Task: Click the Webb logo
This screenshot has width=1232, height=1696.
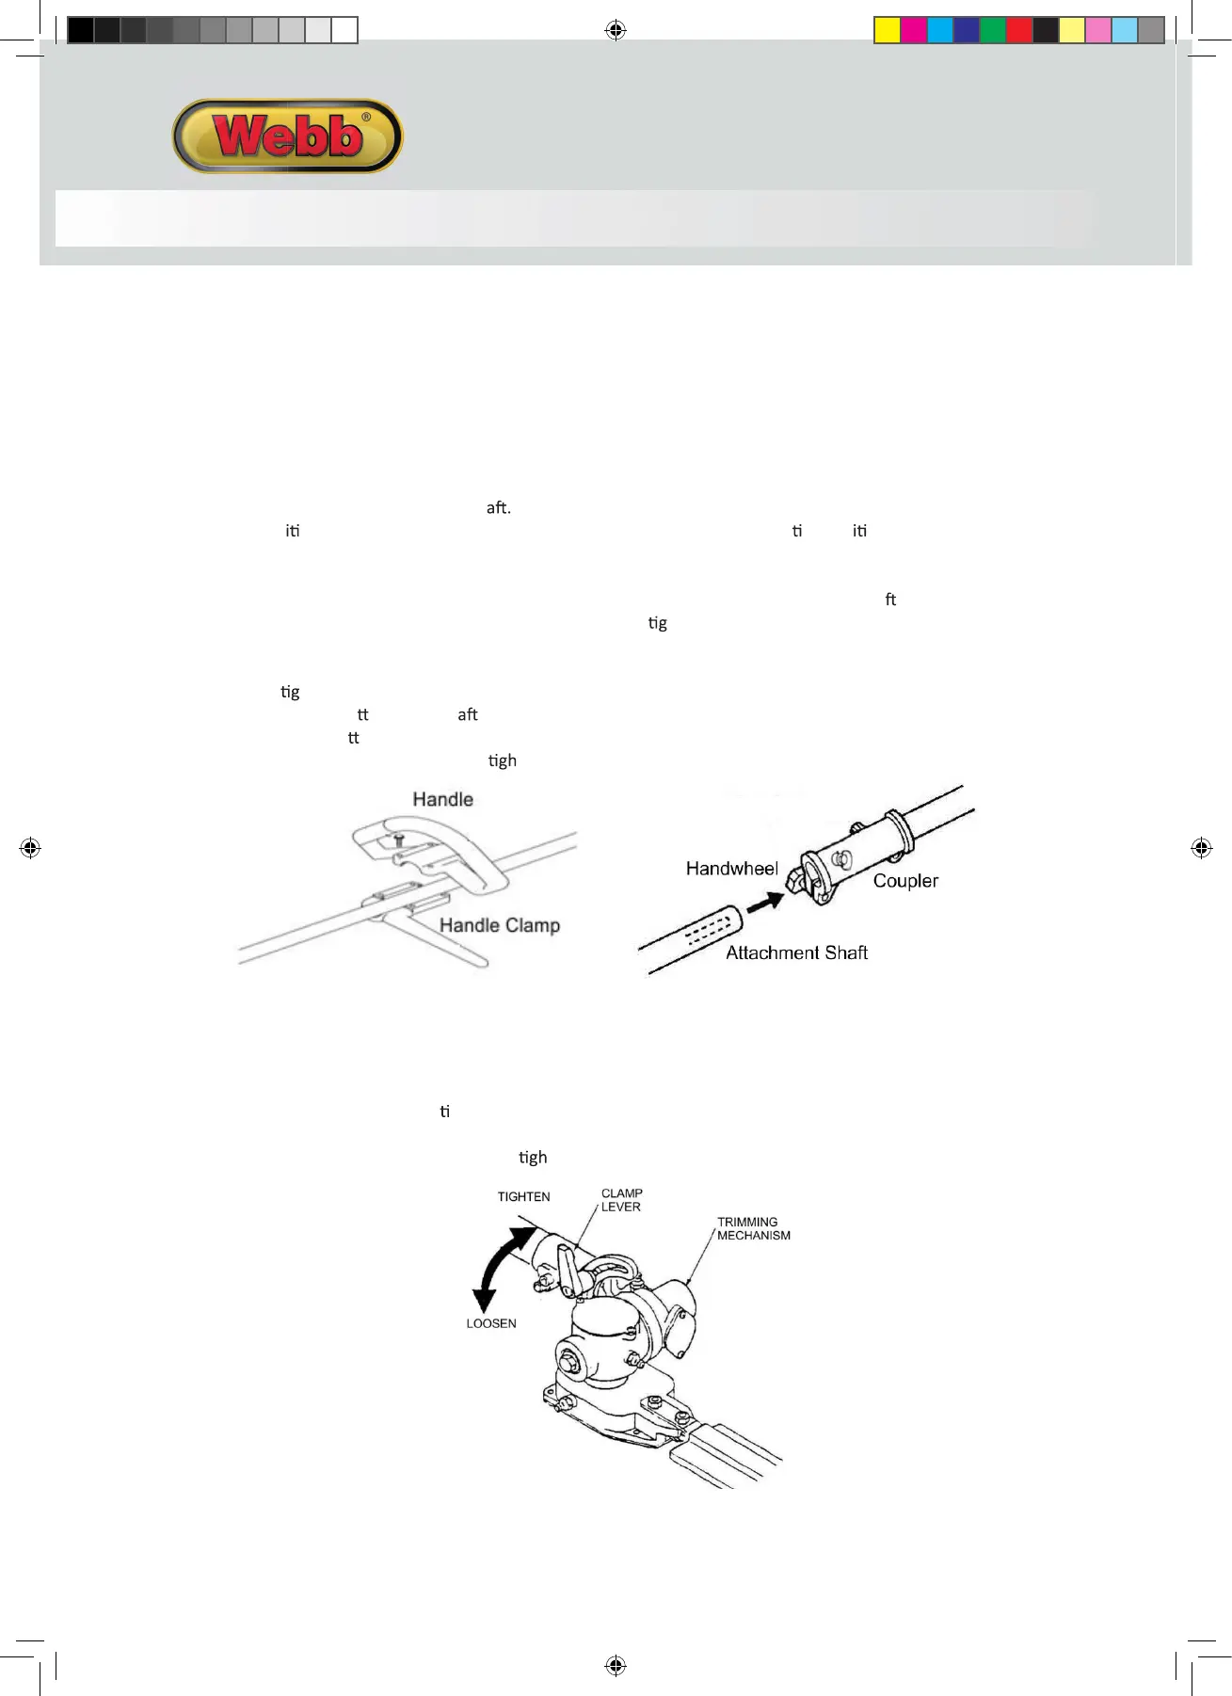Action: [x=288, y=136]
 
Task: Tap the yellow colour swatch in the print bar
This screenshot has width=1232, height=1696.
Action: [x=887, y=31]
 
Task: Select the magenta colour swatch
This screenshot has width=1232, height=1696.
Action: [x=913, y=31]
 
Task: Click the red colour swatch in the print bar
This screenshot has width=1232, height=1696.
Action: [x=1018, y=31]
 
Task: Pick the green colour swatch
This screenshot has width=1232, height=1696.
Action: [x=992, y=31]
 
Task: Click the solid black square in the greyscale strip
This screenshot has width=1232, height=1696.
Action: [x=81, y=31]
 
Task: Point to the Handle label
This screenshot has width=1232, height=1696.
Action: [x=442, y=799]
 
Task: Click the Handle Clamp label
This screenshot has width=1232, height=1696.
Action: [x=499, y=925]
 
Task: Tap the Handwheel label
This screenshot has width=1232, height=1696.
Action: [x=731, y=868]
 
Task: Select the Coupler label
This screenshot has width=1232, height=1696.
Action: [x=905, y=881]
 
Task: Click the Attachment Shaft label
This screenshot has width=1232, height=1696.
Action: [x=796, y=952]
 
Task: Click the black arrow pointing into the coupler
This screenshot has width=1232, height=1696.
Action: [x=765, y=902]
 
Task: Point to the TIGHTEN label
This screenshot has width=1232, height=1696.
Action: [x=523, y=1196]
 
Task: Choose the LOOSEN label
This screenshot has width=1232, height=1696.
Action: [x=491, y=1323]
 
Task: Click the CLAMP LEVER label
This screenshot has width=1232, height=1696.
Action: [x=621, y=1200]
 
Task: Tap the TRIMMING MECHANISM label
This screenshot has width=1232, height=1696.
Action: [x=753, y=1228]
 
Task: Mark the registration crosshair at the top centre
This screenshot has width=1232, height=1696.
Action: [x=616, y=31]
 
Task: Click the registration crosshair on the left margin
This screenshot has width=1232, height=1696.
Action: [x=30, y=848]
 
